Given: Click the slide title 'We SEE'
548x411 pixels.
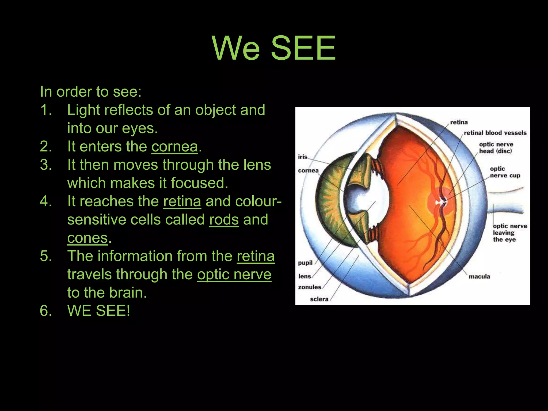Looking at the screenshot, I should click(274, 48).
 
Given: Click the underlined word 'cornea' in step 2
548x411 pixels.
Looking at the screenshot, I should click(174, 147).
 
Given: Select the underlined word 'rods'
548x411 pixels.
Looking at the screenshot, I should click(224, 220).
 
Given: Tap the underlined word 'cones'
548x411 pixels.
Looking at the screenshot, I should click(87, 238).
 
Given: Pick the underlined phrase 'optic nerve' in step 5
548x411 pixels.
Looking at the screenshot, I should click(234, 275).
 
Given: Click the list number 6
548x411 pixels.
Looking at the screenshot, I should click(46, 311).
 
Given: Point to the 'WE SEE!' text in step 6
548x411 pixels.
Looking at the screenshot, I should click(99, 311).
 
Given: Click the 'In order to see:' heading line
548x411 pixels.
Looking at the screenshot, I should click(91, 92).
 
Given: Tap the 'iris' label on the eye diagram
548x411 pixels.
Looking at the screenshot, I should click(303, 157).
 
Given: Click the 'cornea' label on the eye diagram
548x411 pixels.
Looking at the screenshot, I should click(308, 170).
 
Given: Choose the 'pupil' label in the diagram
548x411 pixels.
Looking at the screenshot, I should click(305, 263).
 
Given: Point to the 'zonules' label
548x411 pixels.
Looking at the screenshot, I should click(310, 287).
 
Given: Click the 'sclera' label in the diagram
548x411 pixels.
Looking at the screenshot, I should click(319, 299).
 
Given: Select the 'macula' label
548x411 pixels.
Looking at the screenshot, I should click(479, 276).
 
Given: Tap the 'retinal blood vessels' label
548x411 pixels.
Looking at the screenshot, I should click(495, 133).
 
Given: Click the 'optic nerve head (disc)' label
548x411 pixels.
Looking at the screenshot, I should click(496, 148).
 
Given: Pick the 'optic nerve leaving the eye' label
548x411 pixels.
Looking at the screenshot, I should click(510, 233).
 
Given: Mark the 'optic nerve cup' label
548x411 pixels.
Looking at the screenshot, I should click(505, 172).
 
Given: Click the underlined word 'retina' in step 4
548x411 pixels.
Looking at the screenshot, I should click(182, 201).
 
